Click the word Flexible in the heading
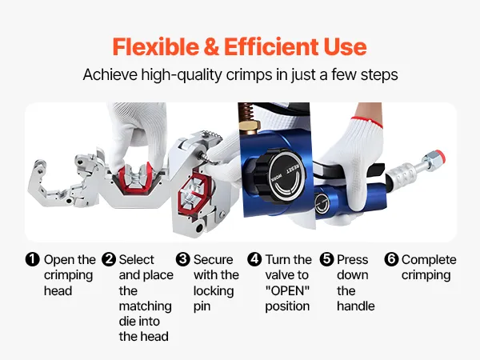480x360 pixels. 155,46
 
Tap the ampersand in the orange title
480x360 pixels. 211,46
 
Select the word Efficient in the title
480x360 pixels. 271,46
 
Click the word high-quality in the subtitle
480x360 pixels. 182,74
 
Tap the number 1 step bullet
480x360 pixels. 33,259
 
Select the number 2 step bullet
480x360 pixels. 109,259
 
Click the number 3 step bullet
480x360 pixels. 183,259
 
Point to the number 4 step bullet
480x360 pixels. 254,259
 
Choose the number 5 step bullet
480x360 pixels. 327,259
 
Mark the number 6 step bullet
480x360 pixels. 391,259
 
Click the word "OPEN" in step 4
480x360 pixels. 287,290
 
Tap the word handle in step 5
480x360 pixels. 356,306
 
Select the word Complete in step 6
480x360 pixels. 429,260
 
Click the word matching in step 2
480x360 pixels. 145,306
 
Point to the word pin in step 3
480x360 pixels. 202,306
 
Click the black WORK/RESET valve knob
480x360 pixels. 280,175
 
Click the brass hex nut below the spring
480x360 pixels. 250,126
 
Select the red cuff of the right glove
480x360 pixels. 366,122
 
